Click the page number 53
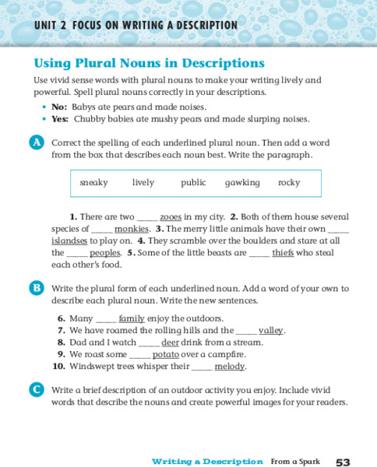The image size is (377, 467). tap(344, 462)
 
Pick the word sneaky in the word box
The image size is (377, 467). tap(93, 182)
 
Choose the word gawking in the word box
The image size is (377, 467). tap(242, 182)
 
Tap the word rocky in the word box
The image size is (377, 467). tap(289, 182)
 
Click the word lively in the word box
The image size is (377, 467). tap(143, 182)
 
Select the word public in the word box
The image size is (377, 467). tap(193, 182)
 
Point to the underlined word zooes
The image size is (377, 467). tap(171, 216)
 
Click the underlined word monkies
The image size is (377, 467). tap(132, 229)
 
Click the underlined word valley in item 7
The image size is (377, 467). tap(271, 330)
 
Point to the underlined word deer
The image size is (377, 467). tap(169, 342)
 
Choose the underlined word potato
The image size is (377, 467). tap(165, 353)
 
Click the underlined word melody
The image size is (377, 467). tap(230, 366)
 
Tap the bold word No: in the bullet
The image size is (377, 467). tap(59, 107)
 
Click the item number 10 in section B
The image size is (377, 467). tap(58, 366)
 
